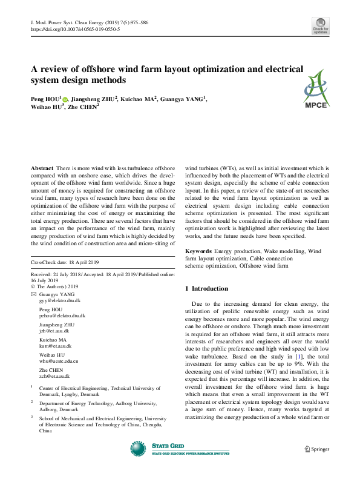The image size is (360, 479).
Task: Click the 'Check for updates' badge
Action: point(320,26)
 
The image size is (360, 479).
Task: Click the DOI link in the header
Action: point(75,28)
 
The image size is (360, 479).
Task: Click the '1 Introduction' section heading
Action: point(206,288)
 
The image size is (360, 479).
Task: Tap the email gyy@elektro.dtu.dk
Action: point(61,300)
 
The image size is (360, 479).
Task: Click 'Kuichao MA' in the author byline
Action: point(139,98)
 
